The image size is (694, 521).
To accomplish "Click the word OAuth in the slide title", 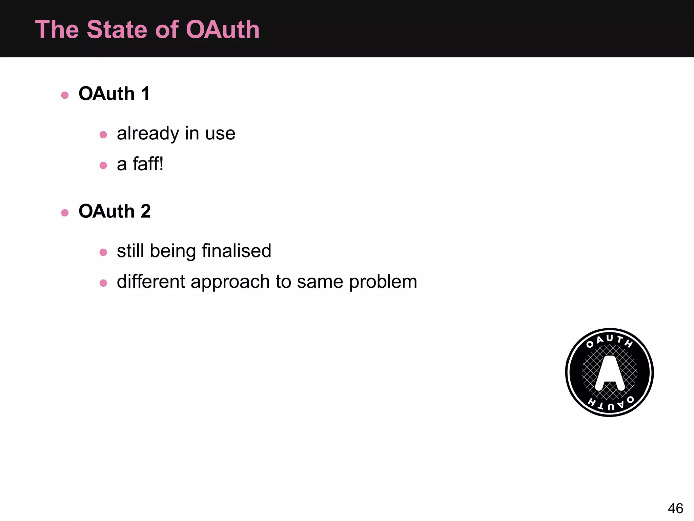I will tap(223, 30).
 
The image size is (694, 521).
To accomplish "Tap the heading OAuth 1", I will tap(114, 94).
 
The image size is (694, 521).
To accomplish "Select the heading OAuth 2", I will tap(115, 211).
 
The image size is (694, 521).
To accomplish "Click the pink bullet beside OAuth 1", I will tap(65, 95).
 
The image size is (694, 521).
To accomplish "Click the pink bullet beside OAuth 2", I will tap(65, 213).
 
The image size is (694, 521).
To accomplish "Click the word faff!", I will tap(148, 164).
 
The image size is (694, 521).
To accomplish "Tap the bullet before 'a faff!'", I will tap(103, 166).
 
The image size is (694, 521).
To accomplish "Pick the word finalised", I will tap(237, 251).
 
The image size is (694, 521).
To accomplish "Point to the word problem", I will tap(383, 282).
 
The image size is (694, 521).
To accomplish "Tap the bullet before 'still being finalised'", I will tap(103, 252).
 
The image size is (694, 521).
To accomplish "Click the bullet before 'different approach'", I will tap(103, 283).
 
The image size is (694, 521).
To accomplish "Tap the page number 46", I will tap(675, 508).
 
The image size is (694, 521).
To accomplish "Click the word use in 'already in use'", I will tap(220, 134).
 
